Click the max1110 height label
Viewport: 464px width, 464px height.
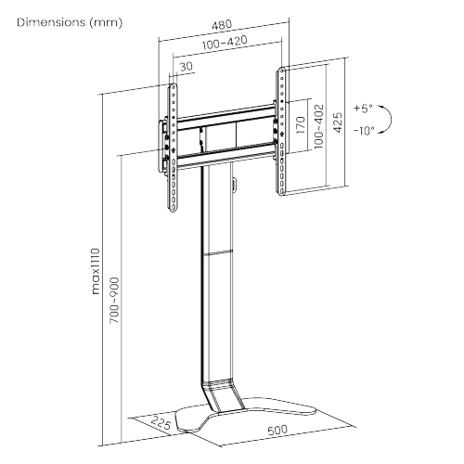96,269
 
